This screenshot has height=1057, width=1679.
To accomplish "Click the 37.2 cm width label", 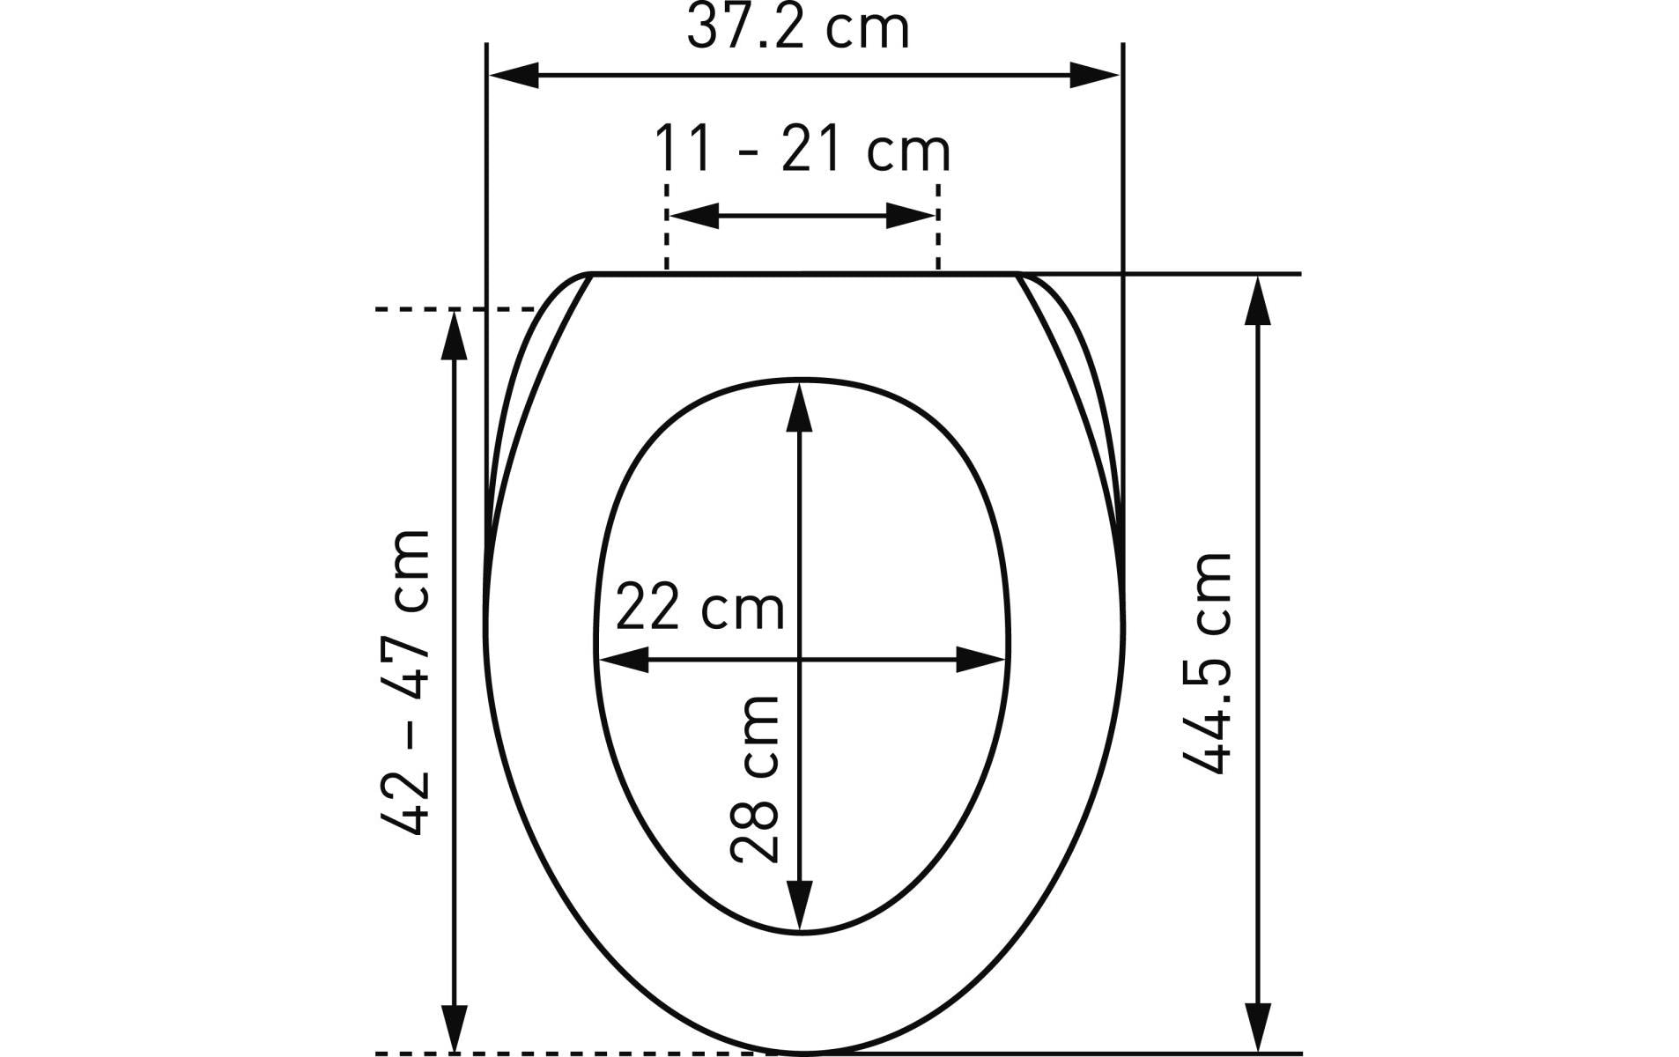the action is (x=797, y=28).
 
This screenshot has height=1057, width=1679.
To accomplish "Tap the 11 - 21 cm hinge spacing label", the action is (x=803, y=150).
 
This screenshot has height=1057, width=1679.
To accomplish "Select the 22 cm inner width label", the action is (x=699, y=608).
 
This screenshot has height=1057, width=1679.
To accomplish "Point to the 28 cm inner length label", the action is (x=755, y=779).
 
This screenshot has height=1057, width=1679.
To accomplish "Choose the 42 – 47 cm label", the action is (x=406, y=684).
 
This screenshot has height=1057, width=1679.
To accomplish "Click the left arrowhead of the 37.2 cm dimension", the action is (x=514, y=76).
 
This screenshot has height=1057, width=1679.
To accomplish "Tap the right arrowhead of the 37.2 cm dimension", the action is (x=1094, y=76).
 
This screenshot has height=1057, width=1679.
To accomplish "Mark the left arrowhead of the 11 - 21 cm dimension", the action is (x=694, y=216).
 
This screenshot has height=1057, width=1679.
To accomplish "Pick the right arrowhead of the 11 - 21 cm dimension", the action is (x=911, y=216).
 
